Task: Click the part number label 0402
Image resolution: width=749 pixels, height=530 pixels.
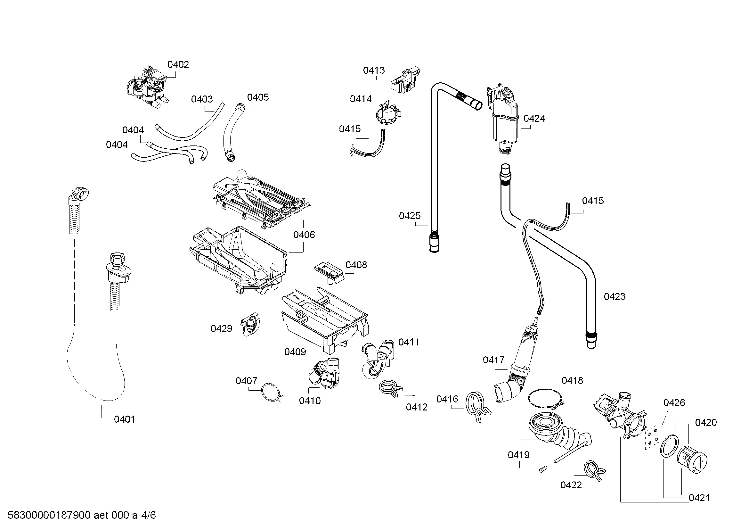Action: (178, 65)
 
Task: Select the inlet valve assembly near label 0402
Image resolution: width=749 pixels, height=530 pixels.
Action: (146, 88)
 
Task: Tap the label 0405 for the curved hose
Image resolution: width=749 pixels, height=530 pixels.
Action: (258, 97)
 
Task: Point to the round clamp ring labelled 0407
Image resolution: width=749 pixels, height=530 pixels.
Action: (272, 393)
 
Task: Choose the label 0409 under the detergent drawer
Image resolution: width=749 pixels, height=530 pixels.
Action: (295, 352)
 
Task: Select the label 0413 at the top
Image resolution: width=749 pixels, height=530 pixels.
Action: (374, 70)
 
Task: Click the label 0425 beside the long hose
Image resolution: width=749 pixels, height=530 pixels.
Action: (410, 216)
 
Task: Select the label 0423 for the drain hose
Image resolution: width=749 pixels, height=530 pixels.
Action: (615, 296)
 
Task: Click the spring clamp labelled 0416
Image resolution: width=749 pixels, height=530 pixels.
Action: (477, 407)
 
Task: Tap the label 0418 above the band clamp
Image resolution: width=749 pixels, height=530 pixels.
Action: (572, 381)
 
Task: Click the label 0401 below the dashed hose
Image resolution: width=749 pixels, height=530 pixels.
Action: (124, 419)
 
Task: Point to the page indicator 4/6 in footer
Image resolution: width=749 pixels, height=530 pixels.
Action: (149, 515)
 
